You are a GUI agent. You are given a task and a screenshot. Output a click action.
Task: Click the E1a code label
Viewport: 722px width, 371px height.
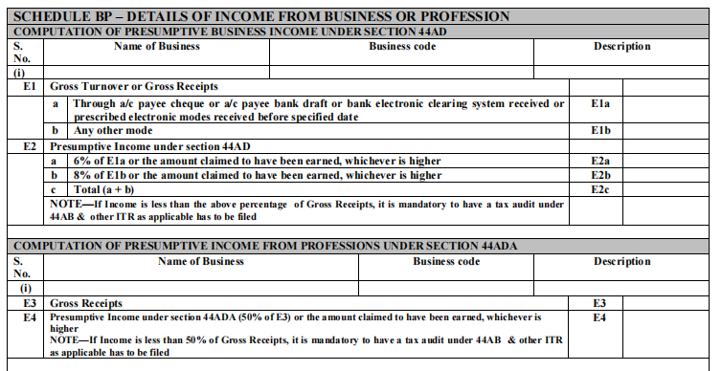600,103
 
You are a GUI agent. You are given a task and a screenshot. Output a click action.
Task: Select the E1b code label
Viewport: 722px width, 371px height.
600,130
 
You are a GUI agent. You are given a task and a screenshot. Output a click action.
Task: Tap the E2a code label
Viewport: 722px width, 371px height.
600,162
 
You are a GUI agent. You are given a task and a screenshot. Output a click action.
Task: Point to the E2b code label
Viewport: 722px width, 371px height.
600,176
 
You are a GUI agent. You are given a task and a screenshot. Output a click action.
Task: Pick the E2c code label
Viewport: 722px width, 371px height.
600,190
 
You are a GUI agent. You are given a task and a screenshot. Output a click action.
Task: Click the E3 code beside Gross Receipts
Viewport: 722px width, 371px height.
600,301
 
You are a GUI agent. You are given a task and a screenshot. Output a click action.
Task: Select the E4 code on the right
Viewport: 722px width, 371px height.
600,316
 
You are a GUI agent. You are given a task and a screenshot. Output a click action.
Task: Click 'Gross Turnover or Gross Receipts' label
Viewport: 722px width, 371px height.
134,86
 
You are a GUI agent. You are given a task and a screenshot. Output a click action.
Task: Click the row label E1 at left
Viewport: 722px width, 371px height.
29,86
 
